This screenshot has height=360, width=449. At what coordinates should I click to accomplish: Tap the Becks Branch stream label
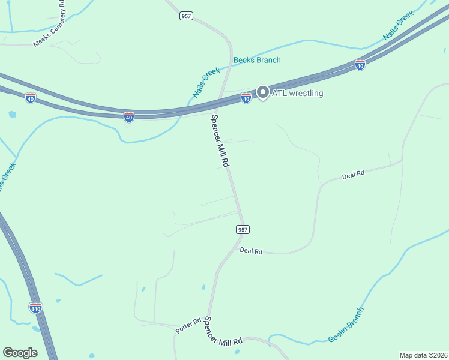click(257, 60)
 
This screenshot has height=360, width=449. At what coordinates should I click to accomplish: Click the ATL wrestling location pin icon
click(262, 92)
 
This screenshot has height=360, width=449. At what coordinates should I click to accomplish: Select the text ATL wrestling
click(298, 93)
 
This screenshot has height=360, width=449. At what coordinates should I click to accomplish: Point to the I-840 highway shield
click(35, 308)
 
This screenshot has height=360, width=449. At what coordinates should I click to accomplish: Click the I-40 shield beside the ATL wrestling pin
click(246, 98)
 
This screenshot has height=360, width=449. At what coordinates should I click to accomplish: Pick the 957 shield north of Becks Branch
click(186, 16)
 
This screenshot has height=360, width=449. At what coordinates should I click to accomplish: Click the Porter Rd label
click(188, 326)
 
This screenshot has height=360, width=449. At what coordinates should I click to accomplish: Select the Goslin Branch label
click(346, 325)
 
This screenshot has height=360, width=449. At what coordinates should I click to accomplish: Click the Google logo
click(20, 353)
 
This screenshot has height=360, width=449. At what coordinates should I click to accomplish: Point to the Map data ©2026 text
click(423, 355)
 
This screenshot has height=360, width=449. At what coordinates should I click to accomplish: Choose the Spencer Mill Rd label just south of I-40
click(220, 142)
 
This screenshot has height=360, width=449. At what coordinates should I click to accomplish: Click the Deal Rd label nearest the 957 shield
click(251, 251)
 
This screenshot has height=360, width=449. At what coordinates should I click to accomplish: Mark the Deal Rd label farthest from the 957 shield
click(353, 175)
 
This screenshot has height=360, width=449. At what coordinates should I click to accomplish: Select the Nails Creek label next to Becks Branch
click(206, 83)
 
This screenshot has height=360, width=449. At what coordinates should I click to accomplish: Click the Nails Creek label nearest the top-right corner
click(399, 34)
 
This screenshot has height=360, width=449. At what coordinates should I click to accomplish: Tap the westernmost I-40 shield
click(31, 97)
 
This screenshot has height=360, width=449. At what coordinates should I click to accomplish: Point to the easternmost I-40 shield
click(360, 64)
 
